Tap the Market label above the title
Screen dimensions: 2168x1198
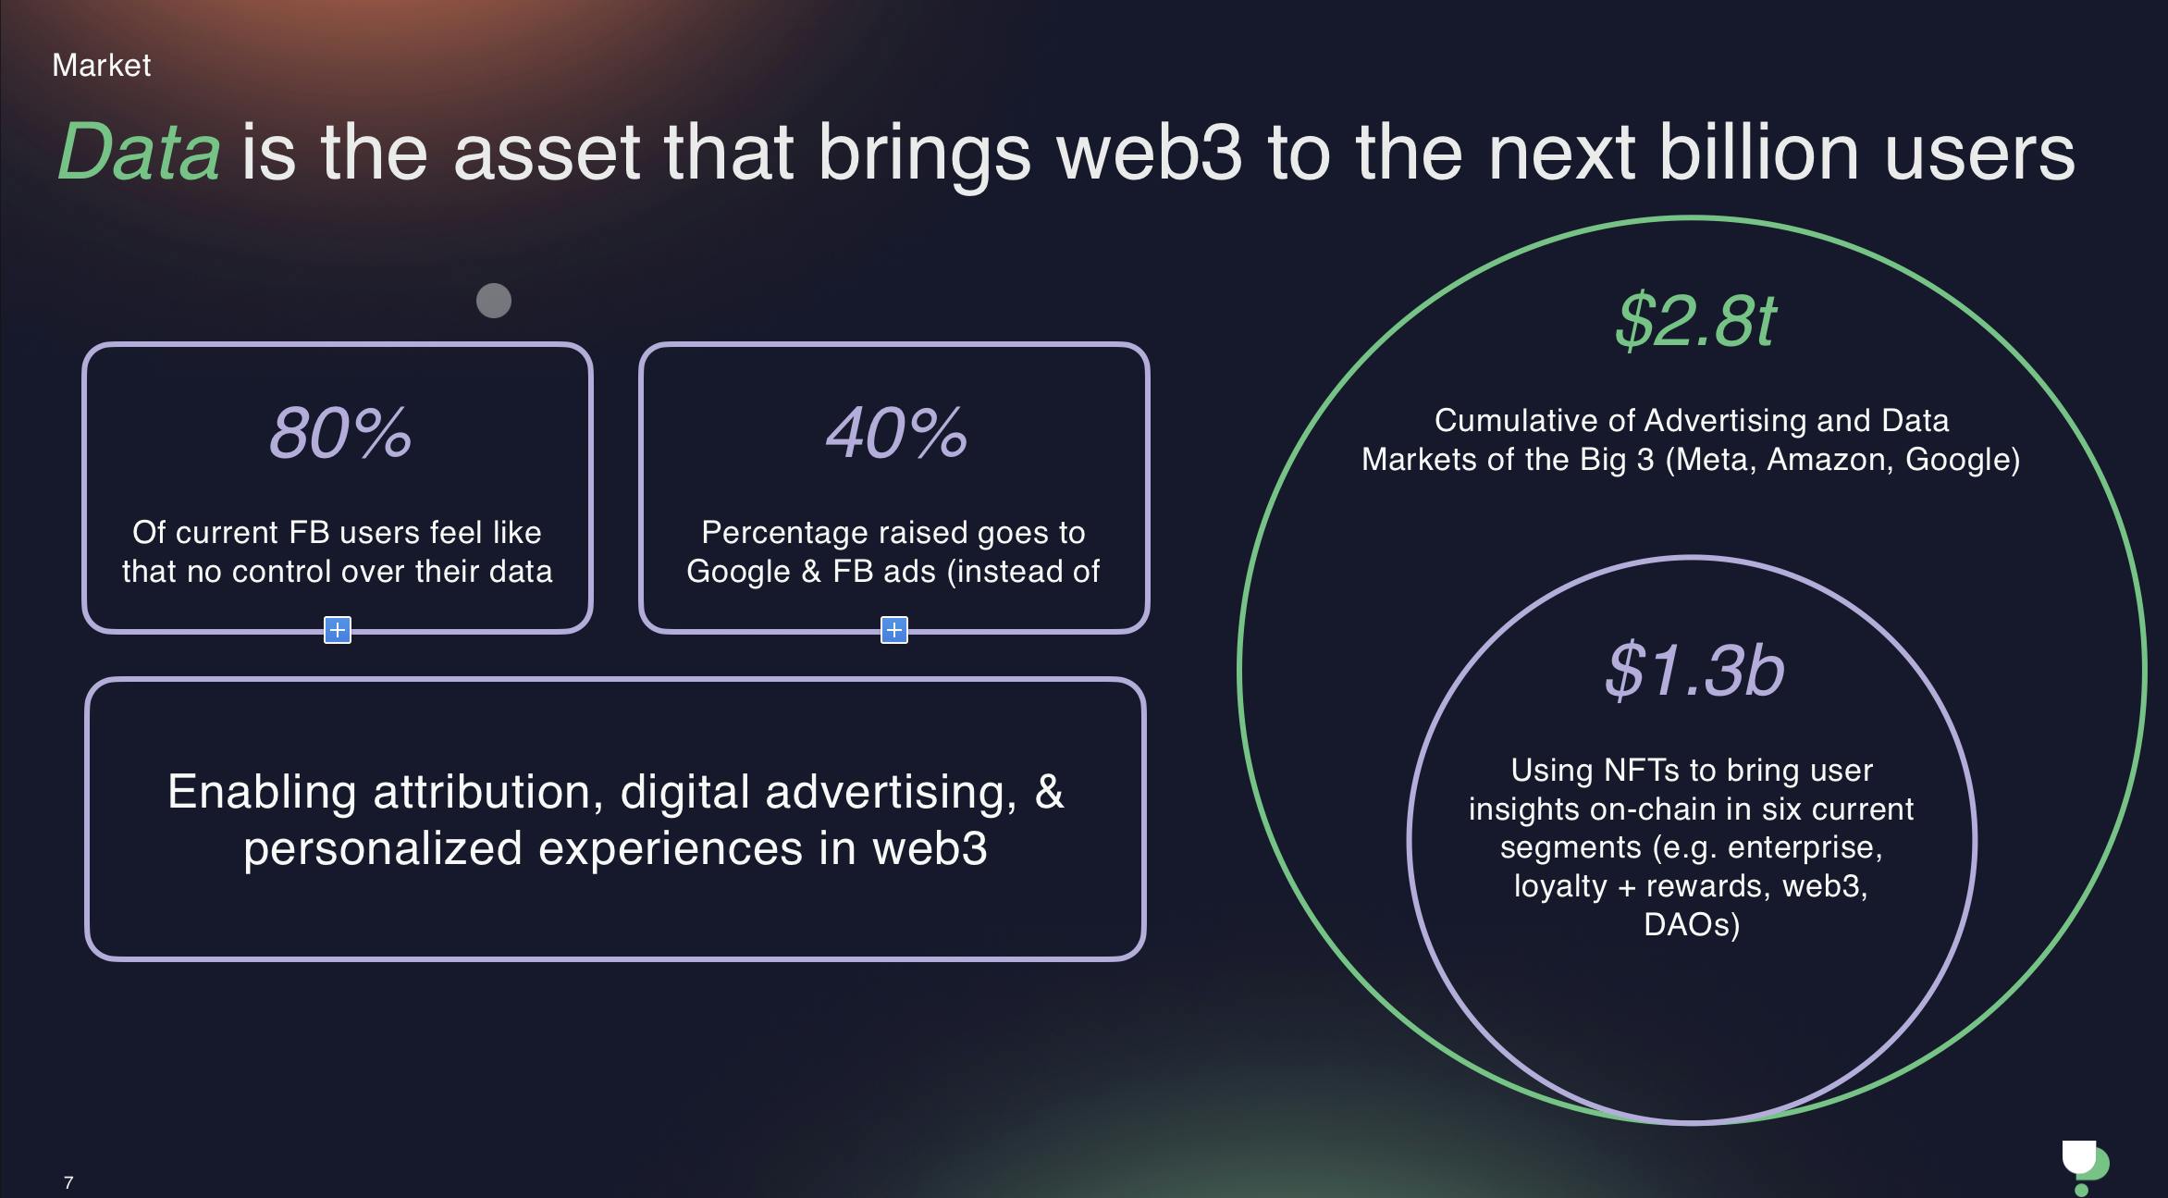(102, 65)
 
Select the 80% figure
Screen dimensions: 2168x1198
(339, 432)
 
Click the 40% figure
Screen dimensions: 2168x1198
(895, 432)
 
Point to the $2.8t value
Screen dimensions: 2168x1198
(1694, 321)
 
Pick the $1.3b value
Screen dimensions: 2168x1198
(1694, 670)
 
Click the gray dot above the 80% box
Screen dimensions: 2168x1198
(494, 301)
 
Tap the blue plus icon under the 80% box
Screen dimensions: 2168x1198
(338, 630)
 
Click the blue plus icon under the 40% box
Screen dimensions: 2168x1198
(894, 630)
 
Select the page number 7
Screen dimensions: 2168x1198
(68, 1182)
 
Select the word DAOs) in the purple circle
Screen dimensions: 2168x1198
(1692, 925)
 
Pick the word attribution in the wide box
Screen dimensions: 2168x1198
(488, 792)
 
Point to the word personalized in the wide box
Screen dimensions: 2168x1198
(383, 849)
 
